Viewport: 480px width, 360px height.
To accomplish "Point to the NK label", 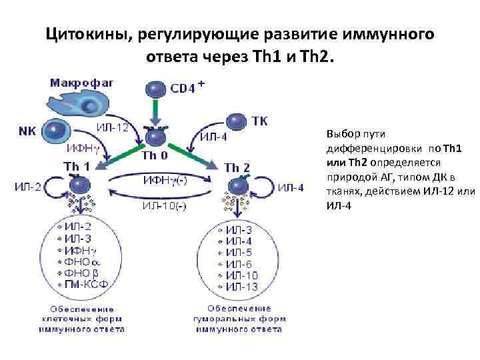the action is (x=27, y=131).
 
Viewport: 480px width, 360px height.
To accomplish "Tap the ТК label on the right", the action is (x=260, y=121).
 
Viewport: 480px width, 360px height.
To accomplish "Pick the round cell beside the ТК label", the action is (x=237, y=122).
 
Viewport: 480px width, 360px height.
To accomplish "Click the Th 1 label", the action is (x=77, y=165).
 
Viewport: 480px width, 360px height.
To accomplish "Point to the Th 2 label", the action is (x=237, y=167).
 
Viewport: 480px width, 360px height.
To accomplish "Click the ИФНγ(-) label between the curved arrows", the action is (x=164, y=180).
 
